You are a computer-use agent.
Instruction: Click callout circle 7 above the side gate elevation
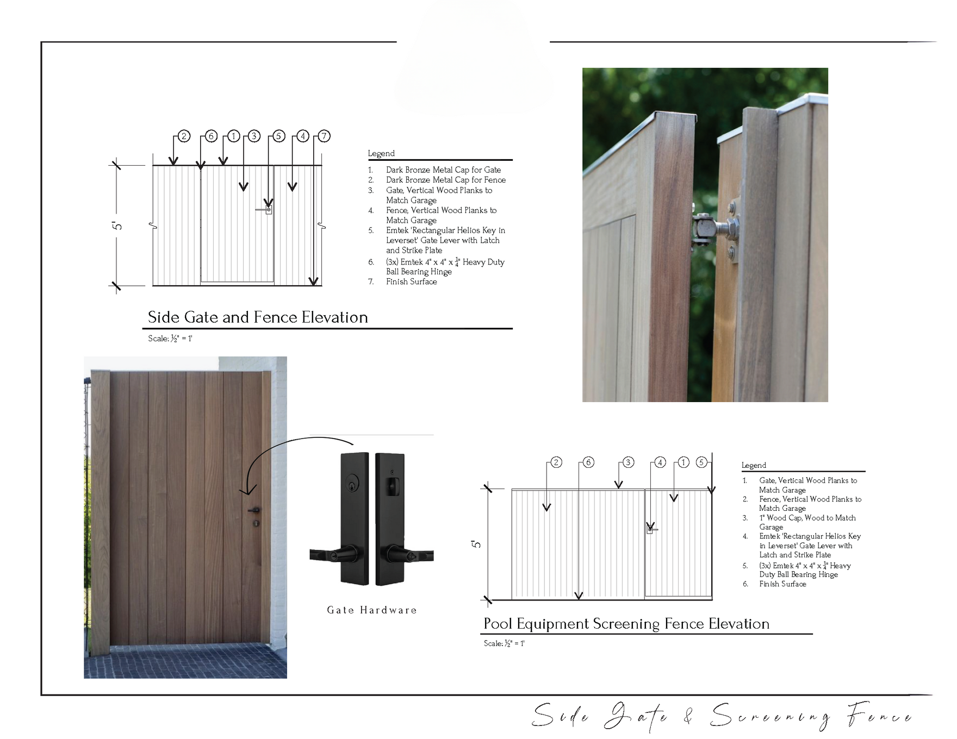(x=324, y=136)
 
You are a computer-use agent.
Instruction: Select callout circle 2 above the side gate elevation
(x=184, y=136)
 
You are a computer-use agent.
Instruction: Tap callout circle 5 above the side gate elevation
(x=278, y=136)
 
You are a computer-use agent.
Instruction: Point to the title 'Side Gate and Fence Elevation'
(x=258, y=317)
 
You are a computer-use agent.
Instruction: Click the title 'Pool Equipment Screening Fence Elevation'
(x=626, y=624)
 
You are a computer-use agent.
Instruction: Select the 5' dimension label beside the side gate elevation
(x=117, y=225)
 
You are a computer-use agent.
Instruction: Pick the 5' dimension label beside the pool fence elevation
(x=476, y=544)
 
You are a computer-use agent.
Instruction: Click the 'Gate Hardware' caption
(x=372, y=610)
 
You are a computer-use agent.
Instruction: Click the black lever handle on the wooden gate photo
(x=254, y=510)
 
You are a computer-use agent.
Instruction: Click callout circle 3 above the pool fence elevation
(x=628, y=462)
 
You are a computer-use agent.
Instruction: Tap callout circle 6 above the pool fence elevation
(x=588, y=462)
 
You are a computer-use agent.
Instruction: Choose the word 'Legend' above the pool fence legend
(x=754, y=465)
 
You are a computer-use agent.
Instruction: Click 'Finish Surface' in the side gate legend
(x=412, y=281)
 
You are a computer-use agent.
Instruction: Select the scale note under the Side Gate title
(x=170, y=339)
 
